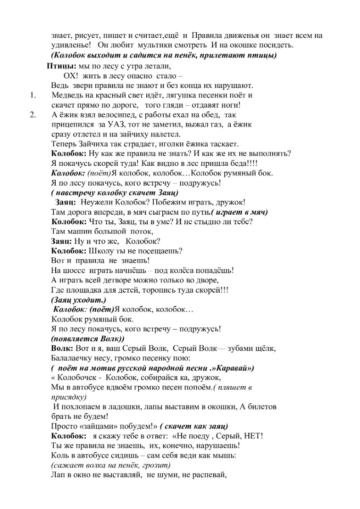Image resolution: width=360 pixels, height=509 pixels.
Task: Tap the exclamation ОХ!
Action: (x=70, y=76)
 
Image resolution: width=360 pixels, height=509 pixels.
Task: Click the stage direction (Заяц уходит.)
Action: (x=78, y=300)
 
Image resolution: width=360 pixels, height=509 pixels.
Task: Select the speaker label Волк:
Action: (x=62, y=348)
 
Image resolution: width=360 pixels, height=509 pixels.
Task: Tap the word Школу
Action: (x=100, y=251)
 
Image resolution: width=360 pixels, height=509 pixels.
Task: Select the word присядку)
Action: (x=68, y=397)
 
